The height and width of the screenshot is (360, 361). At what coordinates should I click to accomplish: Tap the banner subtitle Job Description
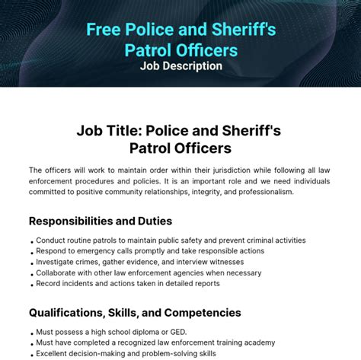tap(180, 66)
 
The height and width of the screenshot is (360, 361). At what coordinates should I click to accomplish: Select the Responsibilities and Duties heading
tap(101, 221)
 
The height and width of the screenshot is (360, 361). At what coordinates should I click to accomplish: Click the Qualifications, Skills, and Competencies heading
tap(135, 312)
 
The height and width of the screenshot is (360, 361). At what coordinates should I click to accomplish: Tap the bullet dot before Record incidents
tap(31, 285)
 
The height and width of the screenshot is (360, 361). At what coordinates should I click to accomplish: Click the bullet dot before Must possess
tap(31, 333)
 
